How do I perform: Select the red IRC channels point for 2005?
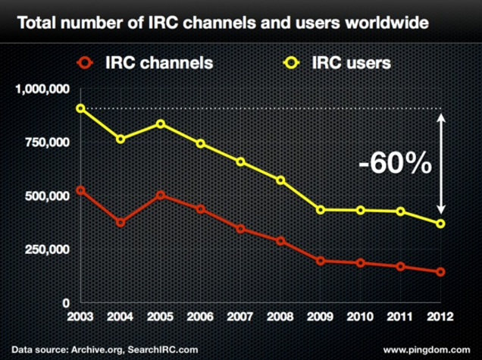point(160,195)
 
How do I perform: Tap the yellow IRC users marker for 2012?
point(440,224)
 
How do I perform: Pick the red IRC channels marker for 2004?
point(121,223)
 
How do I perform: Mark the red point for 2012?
point(440,271)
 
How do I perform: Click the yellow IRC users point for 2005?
point(160,124)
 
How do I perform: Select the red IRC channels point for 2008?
point(280,241)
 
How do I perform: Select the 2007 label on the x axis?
point(239,316)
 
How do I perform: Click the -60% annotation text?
point(396,164)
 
